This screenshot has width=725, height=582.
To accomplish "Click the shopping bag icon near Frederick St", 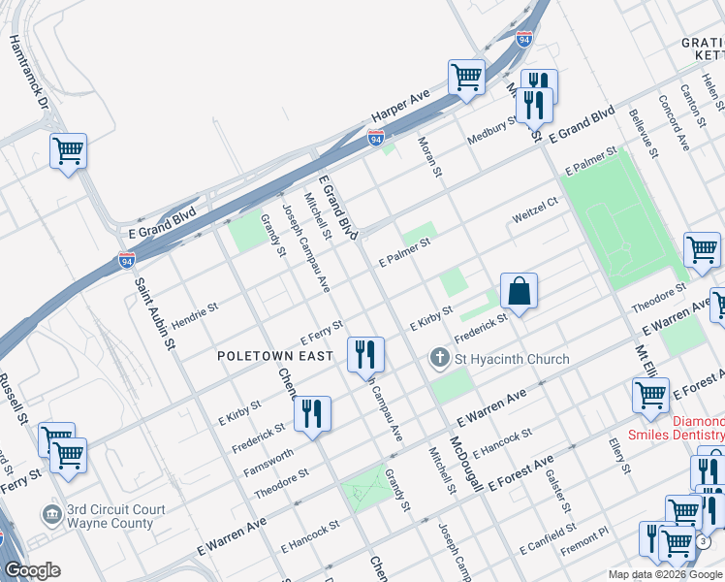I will tap(519, 290).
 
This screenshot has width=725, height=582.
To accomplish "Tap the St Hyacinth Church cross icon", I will tap(438, 359).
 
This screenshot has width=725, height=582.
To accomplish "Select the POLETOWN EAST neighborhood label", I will tap(274, 356).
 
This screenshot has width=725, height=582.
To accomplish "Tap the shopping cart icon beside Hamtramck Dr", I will tap(68, 151).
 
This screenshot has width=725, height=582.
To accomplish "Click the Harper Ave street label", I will tap(399, 112).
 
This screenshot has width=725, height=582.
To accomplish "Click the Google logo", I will tap(33, 570).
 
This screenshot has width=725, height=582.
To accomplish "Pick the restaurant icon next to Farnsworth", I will tap(313, 414).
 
